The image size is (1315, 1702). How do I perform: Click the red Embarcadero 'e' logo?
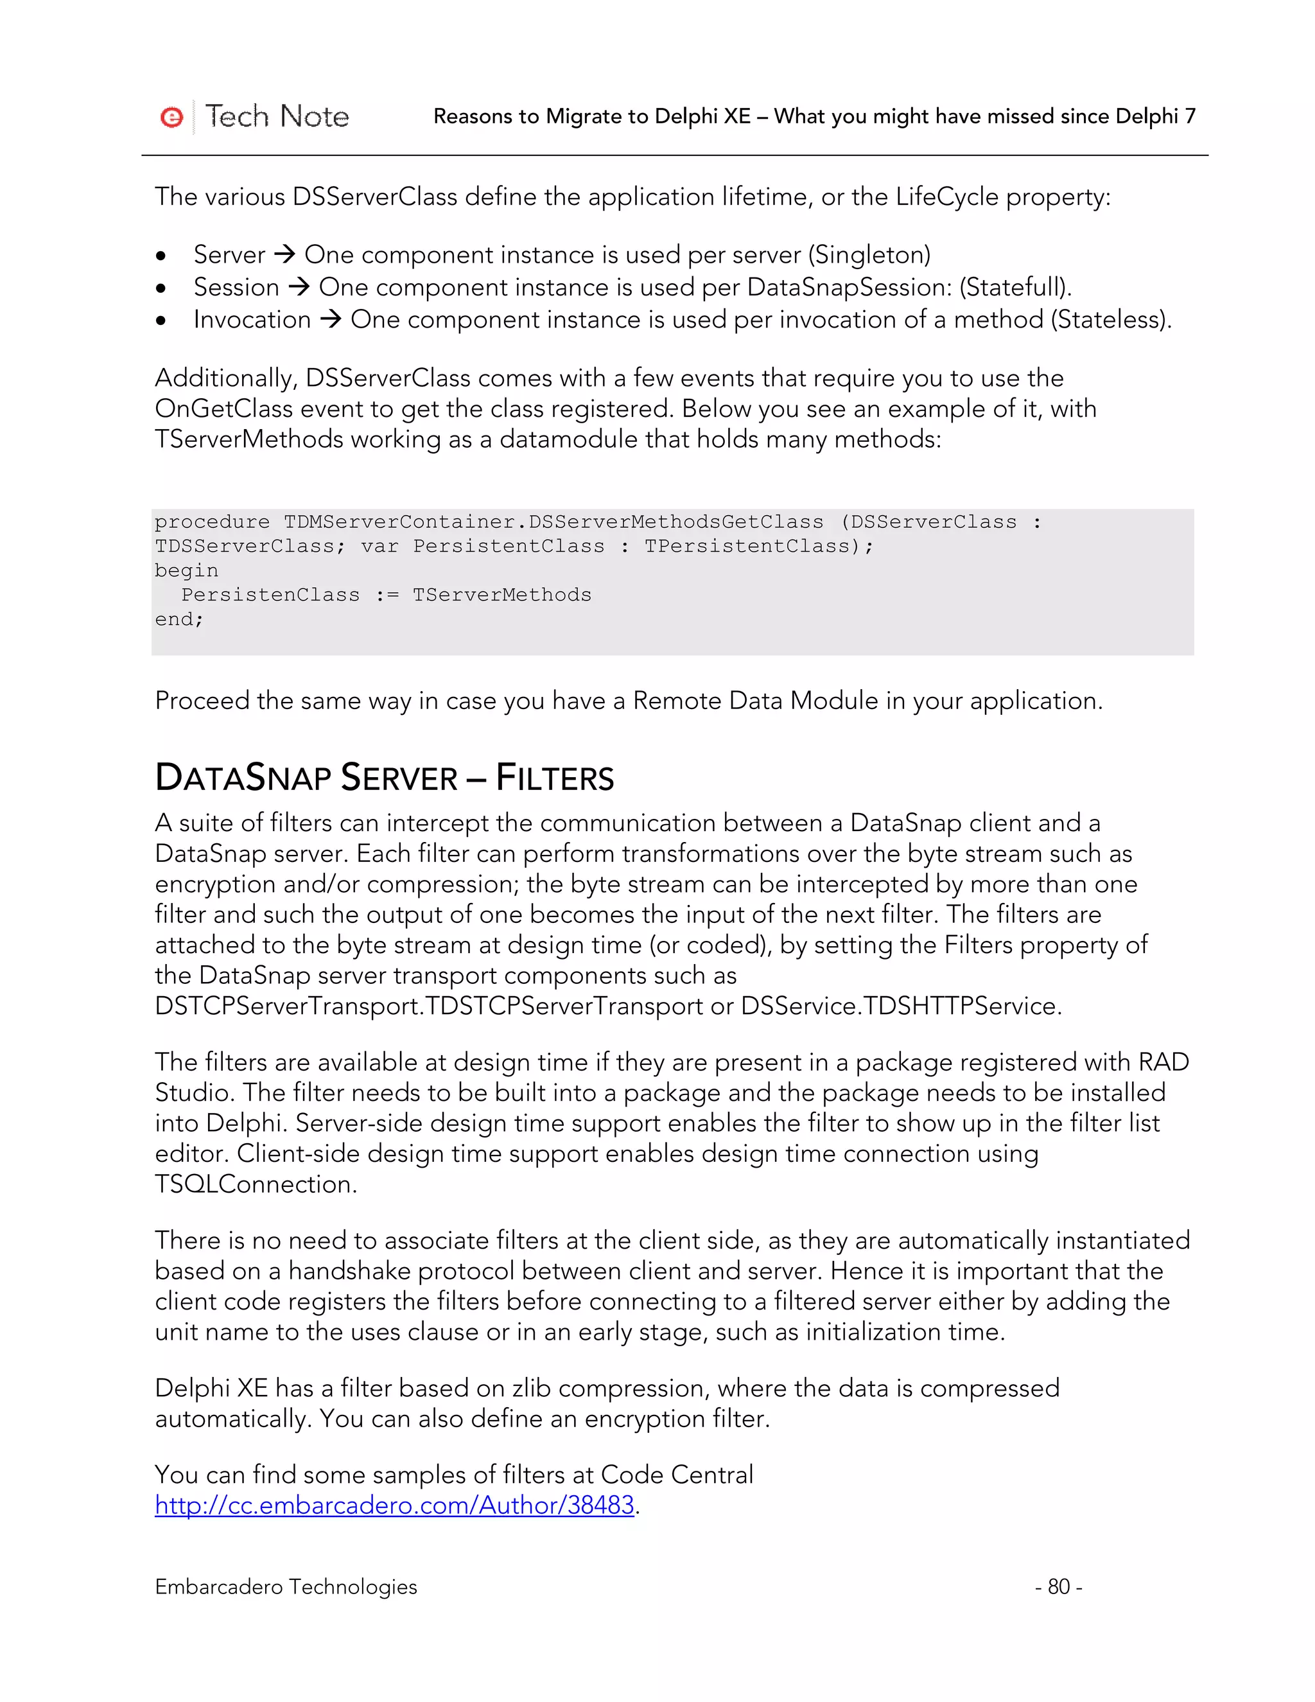point(171,117)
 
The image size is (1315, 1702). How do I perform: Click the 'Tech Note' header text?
point(277,117)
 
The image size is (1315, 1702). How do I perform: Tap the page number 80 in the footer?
point(1058,1586)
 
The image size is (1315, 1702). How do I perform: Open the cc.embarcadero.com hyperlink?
point(394,1505)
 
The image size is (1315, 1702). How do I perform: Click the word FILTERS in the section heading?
point(555,778)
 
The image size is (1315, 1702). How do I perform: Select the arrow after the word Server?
point(285,254)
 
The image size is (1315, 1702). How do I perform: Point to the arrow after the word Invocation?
point(331,319)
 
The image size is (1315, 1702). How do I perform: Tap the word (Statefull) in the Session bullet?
point(1015,288)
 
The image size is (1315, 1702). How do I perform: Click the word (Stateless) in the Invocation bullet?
point(1110,319)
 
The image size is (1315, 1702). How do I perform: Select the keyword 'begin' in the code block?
point(186,570)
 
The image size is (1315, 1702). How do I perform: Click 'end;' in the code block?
point(179,620)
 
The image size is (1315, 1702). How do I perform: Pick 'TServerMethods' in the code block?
point(501,595)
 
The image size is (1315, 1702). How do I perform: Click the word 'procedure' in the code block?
point(212,522)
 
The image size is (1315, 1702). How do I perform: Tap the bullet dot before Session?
point(161,288)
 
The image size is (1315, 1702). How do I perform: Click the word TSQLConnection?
point(255,1184)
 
